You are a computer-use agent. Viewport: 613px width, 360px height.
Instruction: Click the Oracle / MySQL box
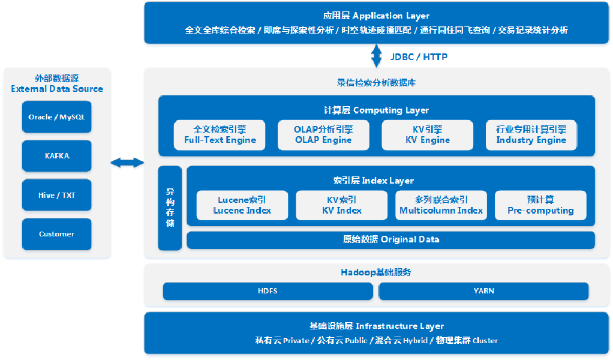[57, 117]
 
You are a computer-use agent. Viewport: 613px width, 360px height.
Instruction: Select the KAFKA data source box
[57, 156]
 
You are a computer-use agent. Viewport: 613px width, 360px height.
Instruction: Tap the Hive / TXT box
[57, 195]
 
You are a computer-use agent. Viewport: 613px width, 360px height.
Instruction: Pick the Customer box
[57, 234]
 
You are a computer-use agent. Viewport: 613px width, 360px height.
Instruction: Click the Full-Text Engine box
[220, 134]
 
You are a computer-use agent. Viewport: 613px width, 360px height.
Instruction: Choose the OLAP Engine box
[323, 134]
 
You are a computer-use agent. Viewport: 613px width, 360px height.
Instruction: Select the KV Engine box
[427, 134]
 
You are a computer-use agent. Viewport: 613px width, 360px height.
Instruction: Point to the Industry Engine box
[531, 134]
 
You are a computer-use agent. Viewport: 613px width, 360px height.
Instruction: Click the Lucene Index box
[242, 205]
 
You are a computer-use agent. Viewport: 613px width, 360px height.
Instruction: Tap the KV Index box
[341, 205]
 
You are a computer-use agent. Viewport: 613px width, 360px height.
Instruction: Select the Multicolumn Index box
[441, 205]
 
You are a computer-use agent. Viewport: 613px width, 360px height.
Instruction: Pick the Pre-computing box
[540, 205]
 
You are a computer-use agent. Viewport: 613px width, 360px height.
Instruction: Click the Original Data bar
[390, 239]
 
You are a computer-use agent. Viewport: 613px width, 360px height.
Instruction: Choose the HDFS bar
[268, 291]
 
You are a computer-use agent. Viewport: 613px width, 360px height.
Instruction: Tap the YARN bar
[483, 291]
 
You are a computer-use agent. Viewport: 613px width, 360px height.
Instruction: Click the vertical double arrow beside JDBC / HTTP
[377, 56]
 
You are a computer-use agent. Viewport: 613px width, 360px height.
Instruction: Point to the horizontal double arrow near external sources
[127, 163]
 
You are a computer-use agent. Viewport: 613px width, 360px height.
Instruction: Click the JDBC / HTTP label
[419, 57]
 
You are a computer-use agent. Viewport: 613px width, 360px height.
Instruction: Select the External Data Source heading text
[57, 83]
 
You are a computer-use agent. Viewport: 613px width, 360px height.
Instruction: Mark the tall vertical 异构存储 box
[170, 208]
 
